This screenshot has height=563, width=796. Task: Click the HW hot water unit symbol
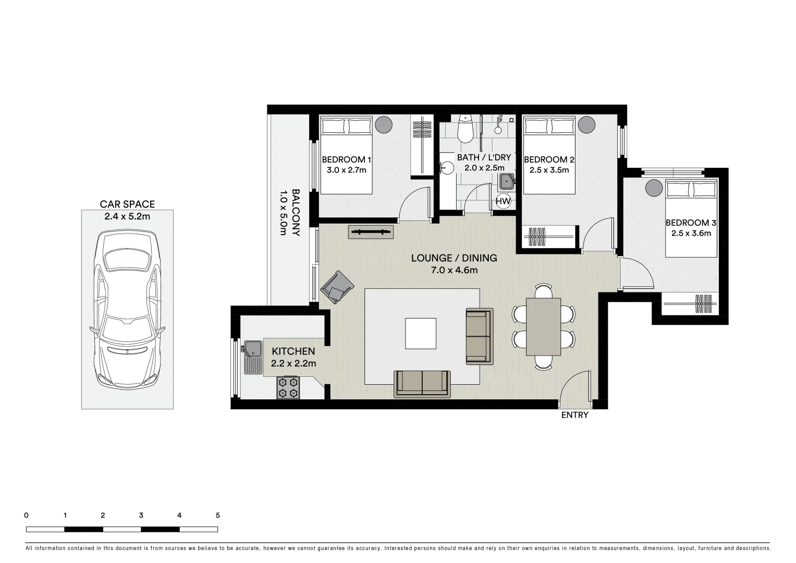pos(503,201)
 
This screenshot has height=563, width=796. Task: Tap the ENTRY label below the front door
pos(574,415)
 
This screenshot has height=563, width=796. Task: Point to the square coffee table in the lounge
pos(421,334)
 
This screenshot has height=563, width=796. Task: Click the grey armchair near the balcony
pos(337,287)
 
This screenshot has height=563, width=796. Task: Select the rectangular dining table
pos(543,326)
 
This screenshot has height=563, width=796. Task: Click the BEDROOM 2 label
pos(549,160)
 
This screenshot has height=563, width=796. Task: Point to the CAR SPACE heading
pos(127,204)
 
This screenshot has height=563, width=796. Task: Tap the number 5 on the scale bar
pos(218,516)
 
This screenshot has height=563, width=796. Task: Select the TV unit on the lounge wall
pos(371,232)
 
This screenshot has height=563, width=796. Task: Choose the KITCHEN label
pos(293,351)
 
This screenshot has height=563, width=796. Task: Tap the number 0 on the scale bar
pos(26,516)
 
